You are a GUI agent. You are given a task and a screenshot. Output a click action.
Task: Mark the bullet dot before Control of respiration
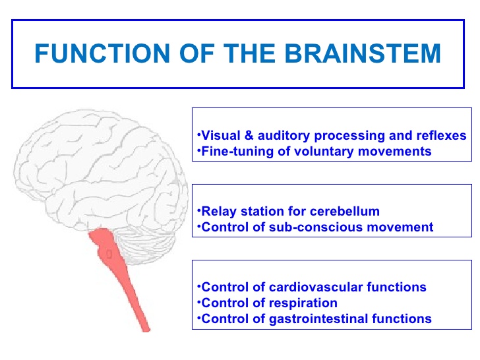click(x=198, y=302)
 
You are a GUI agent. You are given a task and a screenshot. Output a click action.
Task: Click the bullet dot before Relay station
click(x=198, y=210)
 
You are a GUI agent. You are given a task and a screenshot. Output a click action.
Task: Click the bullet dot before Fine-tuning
click(x=198, y=150)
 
